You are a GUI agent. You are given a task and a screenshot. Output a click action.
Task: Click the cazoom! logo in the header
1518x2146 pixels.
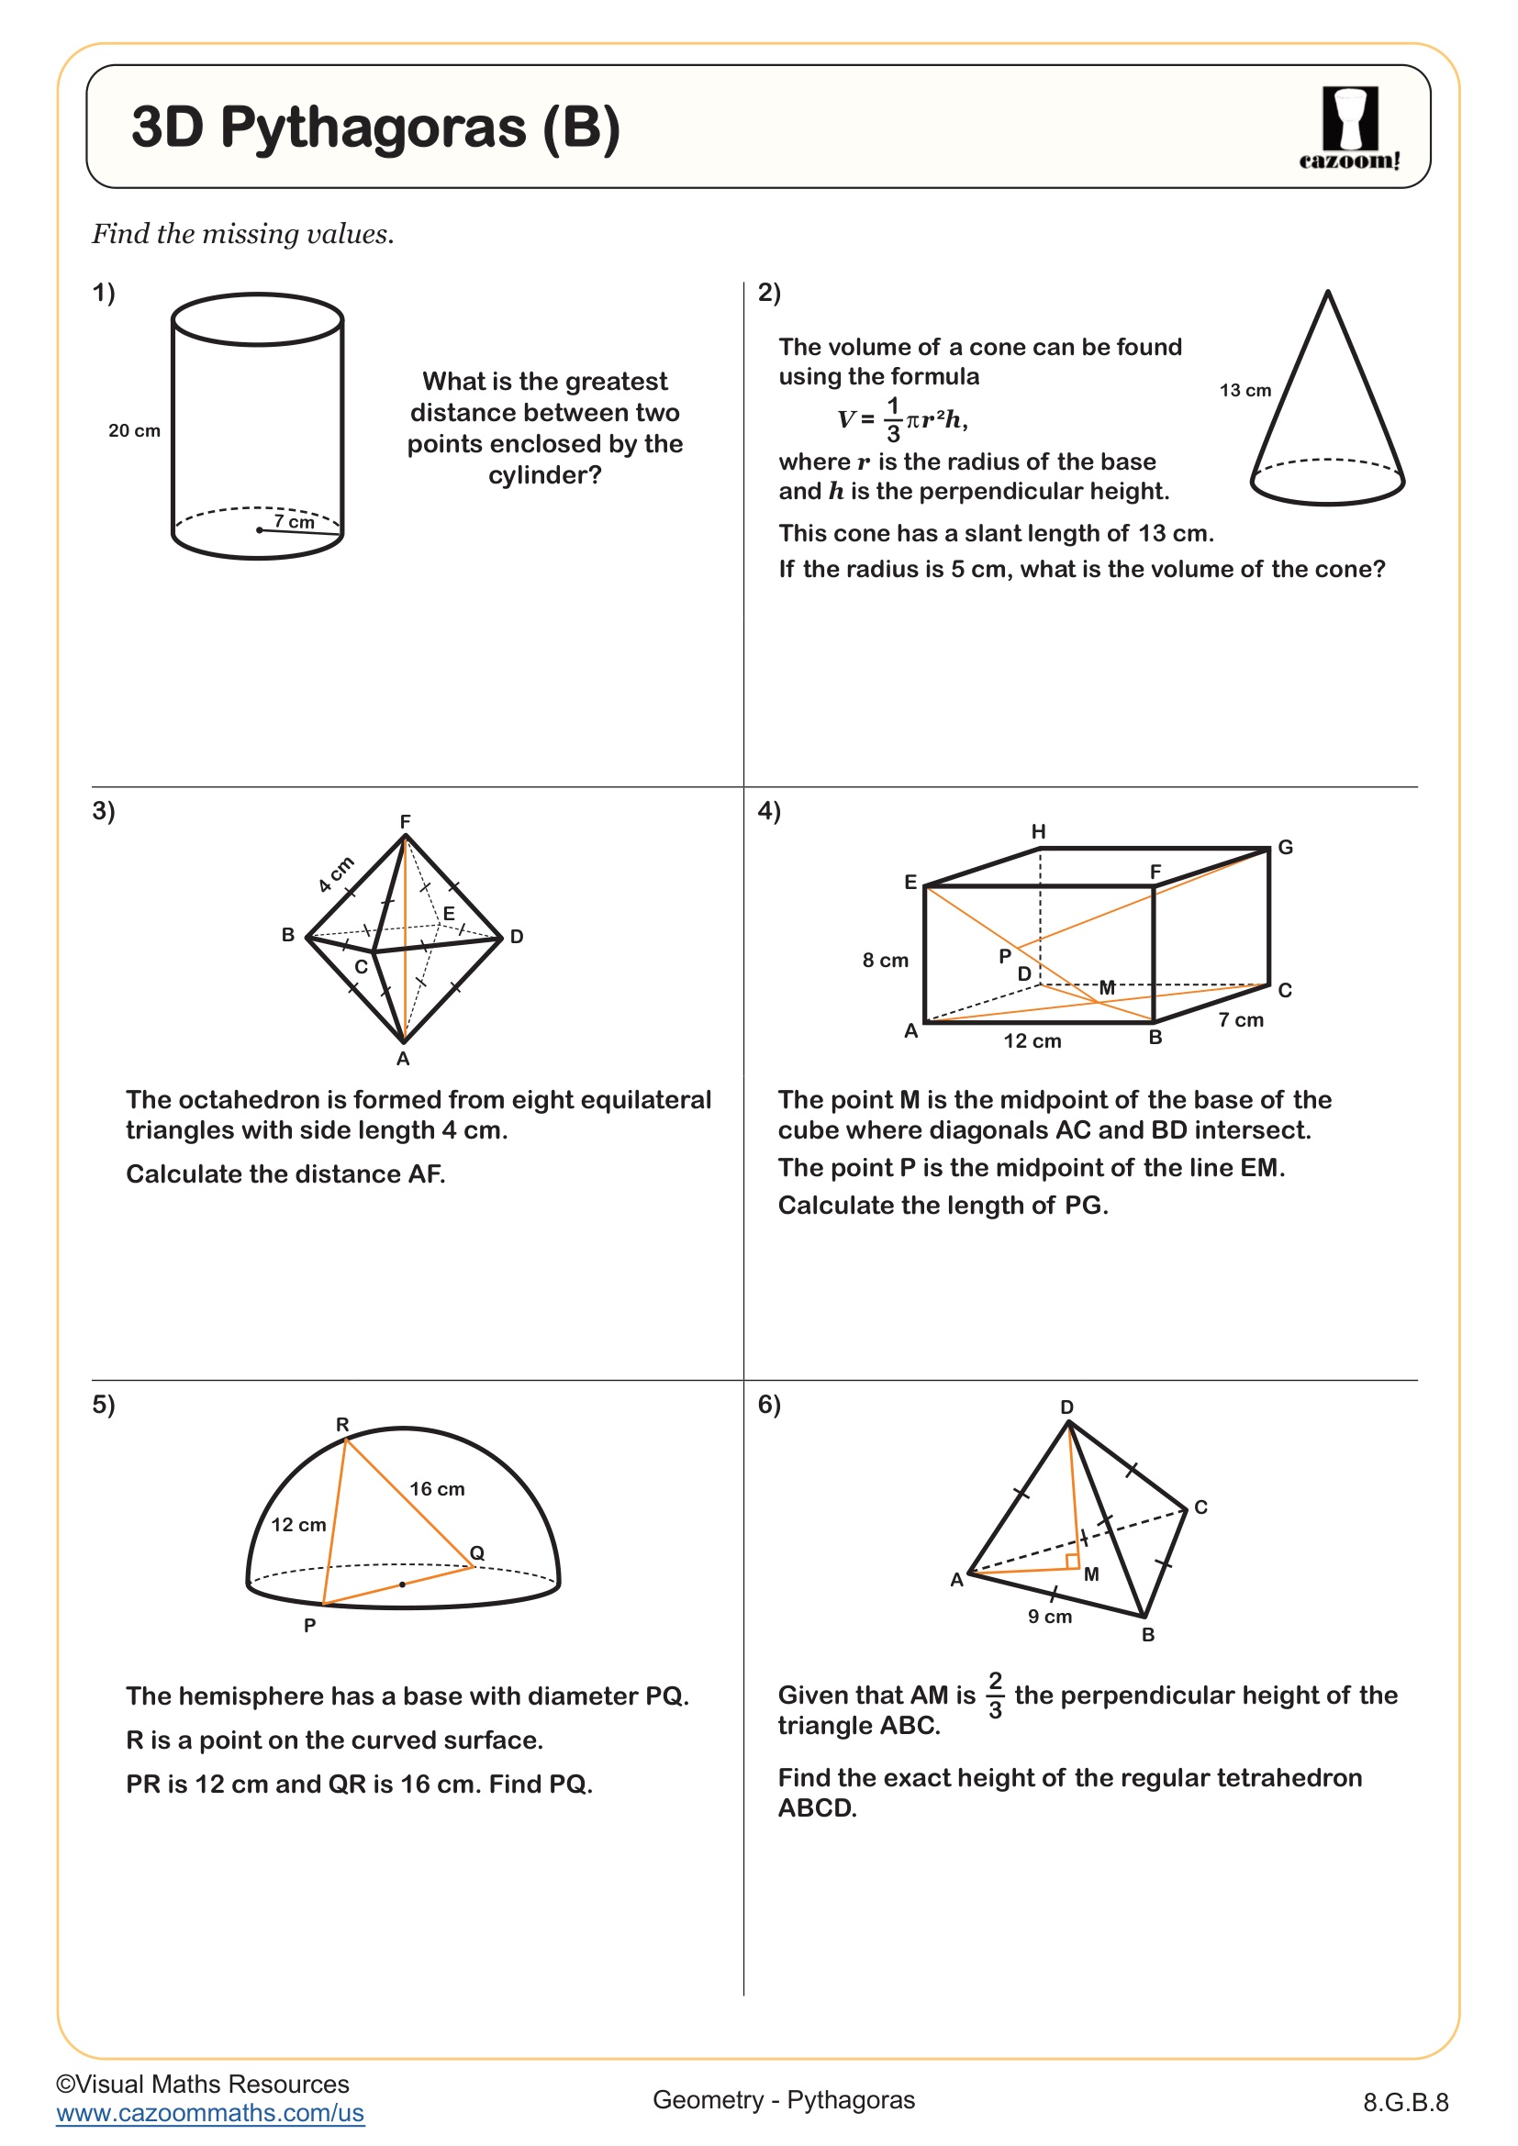point(1349,128)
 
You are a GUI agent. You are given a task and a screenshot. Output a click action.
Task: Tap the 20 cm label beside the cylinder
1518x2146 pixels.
point(134,431)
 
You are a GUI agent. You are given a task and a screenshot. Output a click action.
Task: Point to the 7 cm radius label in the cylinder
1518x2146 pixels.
point(294,521)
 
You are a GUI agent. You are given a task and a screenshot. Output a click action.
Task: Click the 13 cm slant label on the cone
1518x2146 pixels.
point(1245,391)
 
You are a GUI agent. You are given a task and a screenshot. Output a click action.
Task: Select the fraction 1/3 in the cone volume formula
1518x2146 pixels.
point(893,419)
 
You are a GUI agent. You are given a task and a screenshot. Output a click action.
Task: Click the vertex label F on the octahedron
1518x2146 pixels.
point(405,821)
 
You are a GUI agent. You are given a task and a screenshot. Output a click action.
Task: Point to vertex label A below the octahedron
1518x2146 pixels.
point(403,1059)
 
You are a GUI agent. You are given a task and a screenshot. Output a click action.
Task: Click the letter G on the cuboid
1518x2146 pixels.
point(1285,847)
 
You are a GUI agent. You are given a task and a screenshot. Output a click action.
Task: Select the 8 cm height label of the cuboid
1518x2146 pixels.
point(884,960)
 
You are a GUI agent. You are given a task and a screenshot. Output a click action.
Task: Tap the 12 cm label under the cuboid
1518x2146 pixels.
point(1032,1041)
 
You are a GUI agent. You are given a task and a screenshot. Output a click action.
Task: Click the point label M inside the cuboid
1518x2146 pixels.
point(1107,987)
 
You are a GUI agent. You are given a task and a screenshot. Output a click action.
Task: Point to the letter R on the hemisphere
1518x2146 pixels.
point(342,1425)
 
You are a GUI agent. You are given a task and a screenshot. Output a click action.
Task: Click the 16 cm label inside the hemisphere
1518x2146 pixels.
point(437,1489)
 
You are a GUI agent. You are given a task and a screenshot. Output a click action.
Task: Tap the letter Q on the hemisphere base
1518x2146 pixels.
point(476,1552)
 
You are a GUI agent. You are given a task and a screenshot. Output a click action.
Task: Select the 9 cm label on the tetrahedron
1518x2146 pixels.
point(1050,1616)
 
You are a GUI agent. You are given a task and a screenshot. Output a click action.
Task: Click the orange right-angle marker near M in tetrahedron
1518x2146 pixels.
point(1072,1561)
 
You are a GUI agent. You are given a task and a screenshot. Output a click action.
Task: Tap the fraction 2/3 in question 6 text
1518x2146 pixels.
point(995,1696)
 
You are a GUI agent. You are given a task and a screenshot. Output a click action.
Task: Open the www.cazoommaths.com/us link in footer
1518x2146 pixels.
point(209,2112)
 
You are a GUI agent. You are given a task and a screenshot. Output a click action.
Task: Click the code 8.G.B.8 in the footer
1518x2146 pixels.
point(1405,2102)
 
